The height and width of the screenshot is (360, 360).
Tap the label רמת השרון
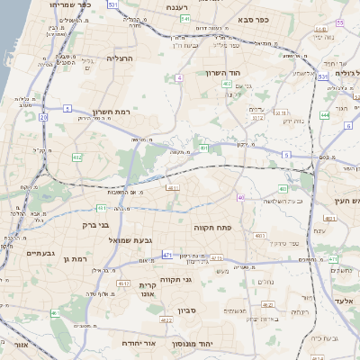click(112, 112)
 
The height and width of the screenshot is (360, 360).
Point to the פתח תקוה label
click(212, 229)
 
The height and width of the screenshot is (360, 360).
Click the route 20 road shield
click(43, 116)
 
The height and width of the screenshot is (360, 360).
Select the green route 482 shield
click(76, 157)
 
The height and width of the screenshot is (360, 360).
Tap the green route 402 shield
click(227, 84)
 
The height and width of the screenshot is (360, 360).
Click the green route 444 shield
click(324, 115)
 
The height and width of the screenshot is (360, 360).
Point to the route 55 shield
click(323, 77)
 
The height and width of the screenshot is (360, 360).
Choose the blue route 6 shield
click(347, 125)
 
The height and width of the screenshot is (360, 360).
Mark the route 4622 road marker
click(165, 319)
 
